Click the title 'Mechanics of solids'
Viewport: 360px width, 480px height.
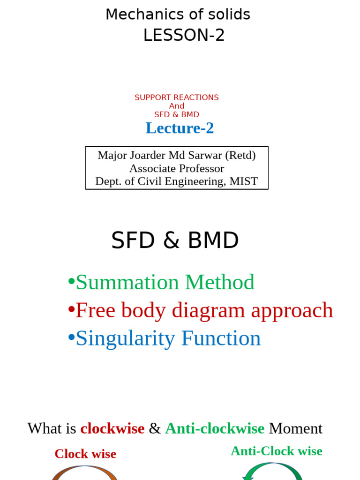point(178,15)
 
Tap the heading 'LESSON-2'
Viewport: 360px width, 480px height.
point(184,35)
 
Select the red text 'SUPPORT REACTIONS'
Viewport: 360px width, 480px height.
point(177,97)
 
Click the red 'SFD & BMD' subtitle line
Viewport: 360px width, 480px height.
point(177,114)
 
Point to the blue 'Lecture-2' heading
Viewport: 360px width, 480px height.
point(180,128)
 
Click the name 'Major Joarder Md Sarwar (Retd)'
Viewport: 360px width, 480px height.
point(177,155)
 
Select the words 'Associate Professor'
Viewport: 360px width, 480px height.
point(177,168)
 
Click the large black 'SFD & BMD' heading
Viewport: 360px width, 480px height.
point(175,240)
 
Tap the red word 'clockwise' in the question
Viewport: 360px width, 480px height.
point(112,428)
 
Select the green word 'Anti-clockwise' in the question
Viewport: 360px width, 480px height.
point(215,428)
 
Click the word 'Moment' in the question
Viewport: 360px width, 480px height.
point(295,428)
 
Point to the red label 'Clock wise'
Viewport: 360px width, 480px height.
point(85,454)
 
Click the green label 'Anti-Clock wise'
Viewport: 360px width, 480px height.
point(276,451)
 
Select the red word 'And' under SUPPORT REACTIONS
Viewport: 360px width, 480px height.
point(177,106)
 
